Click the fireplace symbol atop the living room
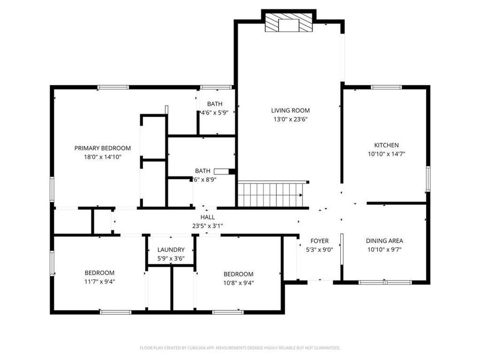click(x=287, y=23)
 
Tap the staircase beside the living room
click(x=271, y=195)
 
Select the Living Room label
click(x=290, y=111)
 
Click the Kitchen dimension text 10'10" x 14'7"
click(x=386, y=154)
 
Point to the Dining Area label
click(x=385, y=241)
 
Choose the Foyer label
click(x=319, y=241)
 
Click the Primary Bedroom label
click(x=102, y=148)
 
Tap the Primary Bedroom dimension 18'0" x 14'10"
click(x=102, y=157)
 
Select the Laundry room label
click(x=171, y=250)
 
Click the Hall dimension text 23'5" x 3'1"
click(x=207, y=226)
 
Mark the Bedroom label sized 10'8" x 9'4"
click(x=238, y=274)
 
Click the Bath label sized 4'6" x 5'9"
click(x=215, y=103)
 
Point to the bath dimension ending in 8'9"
click(x=206, y=180)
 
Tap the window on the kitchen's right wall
click(x=428, y=179)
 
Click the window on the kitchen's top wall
click(x=386, y=87)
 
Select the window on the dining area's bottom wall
click(x=385, y=282)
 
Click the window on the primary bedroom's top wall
click(x=113, y=87)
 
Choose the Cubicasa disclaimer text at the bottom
click(x=239, y=348)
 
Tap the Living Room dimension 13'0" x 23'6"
click(x=290, y=119)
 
